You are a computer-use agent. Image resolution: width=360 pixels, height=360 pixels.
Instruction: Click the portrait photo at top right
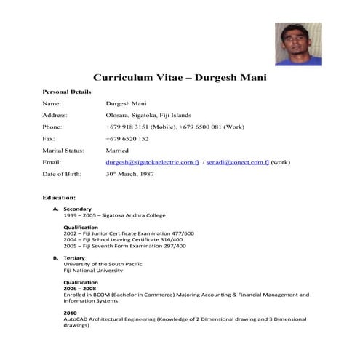298,44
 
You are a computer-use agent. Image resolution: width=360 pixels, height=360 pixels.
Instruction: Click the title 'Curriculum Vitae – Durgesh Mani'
180,77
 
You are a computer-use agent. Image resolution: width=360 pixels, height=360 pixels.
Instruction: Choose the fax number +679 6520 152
127,138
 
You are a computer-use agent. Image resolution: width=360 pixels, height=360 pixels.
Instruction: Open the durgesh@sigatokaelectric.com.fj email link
152,161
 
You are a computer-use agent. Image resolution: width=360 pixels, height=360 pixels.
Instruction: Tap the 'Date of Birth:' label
63,174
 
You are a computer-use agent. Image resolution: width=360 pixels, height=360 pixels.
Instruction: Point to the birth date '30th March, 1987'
131,174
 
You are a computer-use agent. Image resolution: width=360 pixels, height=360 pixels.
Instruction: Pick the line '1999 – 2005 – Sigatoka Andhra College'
114,215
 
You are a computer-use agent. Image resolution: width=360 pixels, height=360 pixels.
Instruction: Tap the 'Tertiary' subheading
75,258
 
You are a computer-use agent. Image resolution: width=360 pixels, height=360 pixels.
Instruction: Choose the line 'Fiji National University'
93,271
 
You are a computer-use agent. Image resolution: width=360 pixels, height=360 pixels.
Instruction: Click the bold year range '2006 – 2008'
80,289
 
